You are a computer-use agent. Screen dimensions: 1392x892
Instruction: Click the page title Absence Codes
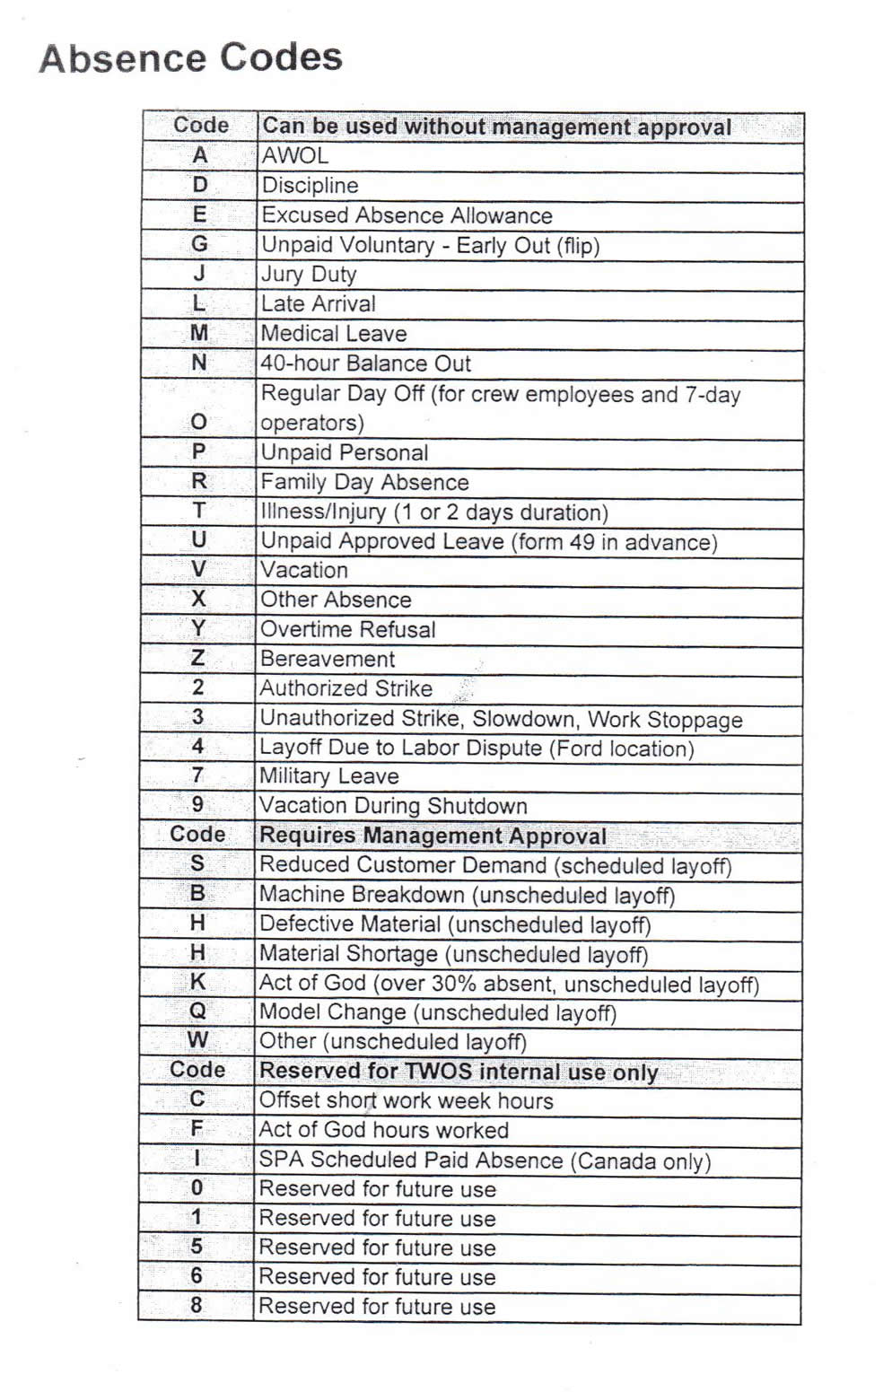pos(190,58)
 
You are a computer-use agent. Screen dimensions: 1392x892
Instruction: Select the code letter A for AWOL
pos(199,156)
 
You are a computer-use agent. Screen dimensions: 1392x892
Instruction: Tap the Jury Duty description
pos(309,275)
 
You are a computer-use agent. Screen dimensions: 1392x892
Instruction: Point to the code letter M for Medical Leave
pos(199,334)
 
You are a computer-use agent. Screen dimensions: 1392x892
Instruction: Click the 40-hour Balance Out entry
pos(365,363)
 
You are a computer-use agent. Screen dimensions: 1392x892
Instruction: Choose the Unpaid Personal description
pos(345,452)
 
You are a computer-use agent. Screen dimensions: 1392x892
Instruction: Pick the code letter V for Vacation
pos(198,570)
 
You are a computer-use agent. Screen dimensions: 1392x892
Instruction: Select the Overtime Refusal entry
pos(348,629)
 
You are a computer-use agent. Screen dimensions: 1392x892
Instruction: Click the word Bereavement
pos(328,659)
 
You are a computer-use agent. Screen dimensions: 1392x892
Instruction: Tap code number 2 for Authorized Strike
pos(198,688)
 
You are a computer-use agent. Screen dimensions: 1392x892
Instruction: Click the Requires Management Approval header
pos(433,836)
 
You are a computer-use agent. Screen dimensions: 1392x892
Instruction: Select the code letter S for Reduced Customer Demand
pos(197,864)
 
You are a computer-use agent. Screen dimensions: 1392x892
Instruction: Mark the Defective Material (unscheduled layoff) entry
pos(455,924)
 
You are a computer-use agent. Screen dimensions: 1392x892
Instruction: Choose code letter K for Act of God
pos(197,983)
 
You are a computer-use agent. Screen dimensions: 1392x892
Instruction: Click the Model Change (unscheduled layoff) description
pos(438,1012)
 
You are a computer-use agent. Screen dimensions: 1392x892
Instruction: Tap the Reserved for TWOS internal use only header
pos(459,1071)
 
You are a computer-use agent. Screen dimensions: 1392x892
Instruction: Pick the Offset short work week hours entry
pos(407,1101)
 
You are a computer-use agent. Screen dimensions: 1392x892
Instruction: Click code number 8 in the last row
pos(197,1306)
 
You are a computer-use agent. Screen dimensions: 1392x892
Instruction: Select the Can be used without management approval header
pos(496,127)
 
